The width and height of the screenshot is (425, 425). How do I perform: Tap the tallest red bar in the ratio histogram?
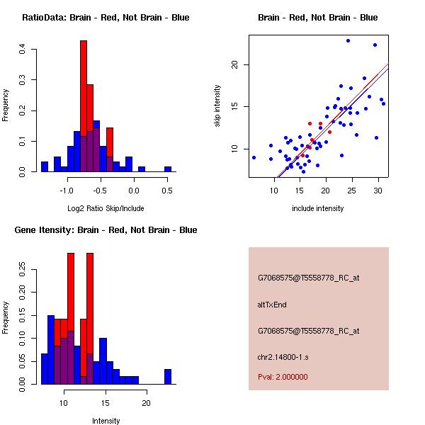coord(84,106)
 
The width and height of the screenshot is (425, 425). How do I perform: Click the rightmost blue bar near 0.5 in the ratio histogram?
coord(168,169)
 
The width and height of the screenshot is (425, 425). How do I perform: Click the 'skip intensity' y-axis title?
coord(217,106)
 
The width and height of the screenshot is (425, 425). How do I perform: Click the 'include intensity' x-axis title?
coord(318,208)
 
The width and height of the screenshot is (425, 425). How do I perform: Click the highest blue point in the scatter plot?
coord(348,40)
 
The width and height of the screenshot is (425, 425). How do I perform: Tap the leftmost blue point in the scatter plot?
coord(254,157)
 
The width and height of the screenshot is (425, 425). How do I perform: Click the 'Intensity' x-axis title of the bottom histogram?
coord(106,421)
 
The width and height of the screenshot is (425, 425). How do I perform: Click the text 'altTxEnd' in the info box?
coord(272,305)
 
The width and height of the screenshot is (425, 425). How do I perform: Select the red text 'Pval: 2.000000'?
coord(283,377)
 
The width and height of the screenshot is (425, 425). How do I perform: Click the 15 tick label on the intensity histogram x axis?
coord(106,402)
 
